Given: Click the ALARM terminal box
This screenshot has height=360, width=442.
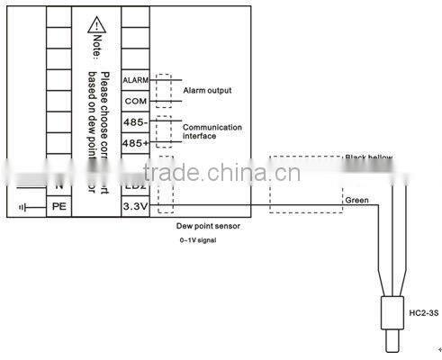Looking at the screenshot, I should point(135,81).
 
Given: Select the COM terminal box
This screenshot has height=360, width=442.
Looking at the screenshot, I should point(135,101).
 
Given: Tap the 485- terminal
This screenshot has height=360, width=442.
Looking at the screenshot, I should point(135,121).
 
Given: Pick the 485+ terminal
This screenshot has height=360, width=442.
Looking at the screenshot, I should point(135,142).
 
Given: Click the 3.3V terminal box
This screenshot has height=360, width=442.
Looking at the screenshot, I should point(135,206).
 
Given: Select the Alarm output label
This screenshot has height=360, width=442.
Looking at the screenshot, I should point(207,91).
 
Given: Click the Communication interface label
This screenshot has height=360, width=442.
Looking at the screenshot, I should point(212,131).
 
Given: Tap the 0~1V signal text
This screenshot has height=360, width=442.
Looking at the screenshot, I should point(197,241).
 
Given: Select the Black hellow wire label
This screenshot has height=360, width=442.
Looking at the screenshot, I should point(369,157).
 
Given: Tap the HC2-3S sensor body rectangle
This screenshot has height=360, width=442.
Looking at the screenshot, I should point(389,312).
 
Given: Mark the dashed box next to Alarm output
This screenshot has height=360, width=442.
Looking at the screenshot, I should point(162,90).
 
